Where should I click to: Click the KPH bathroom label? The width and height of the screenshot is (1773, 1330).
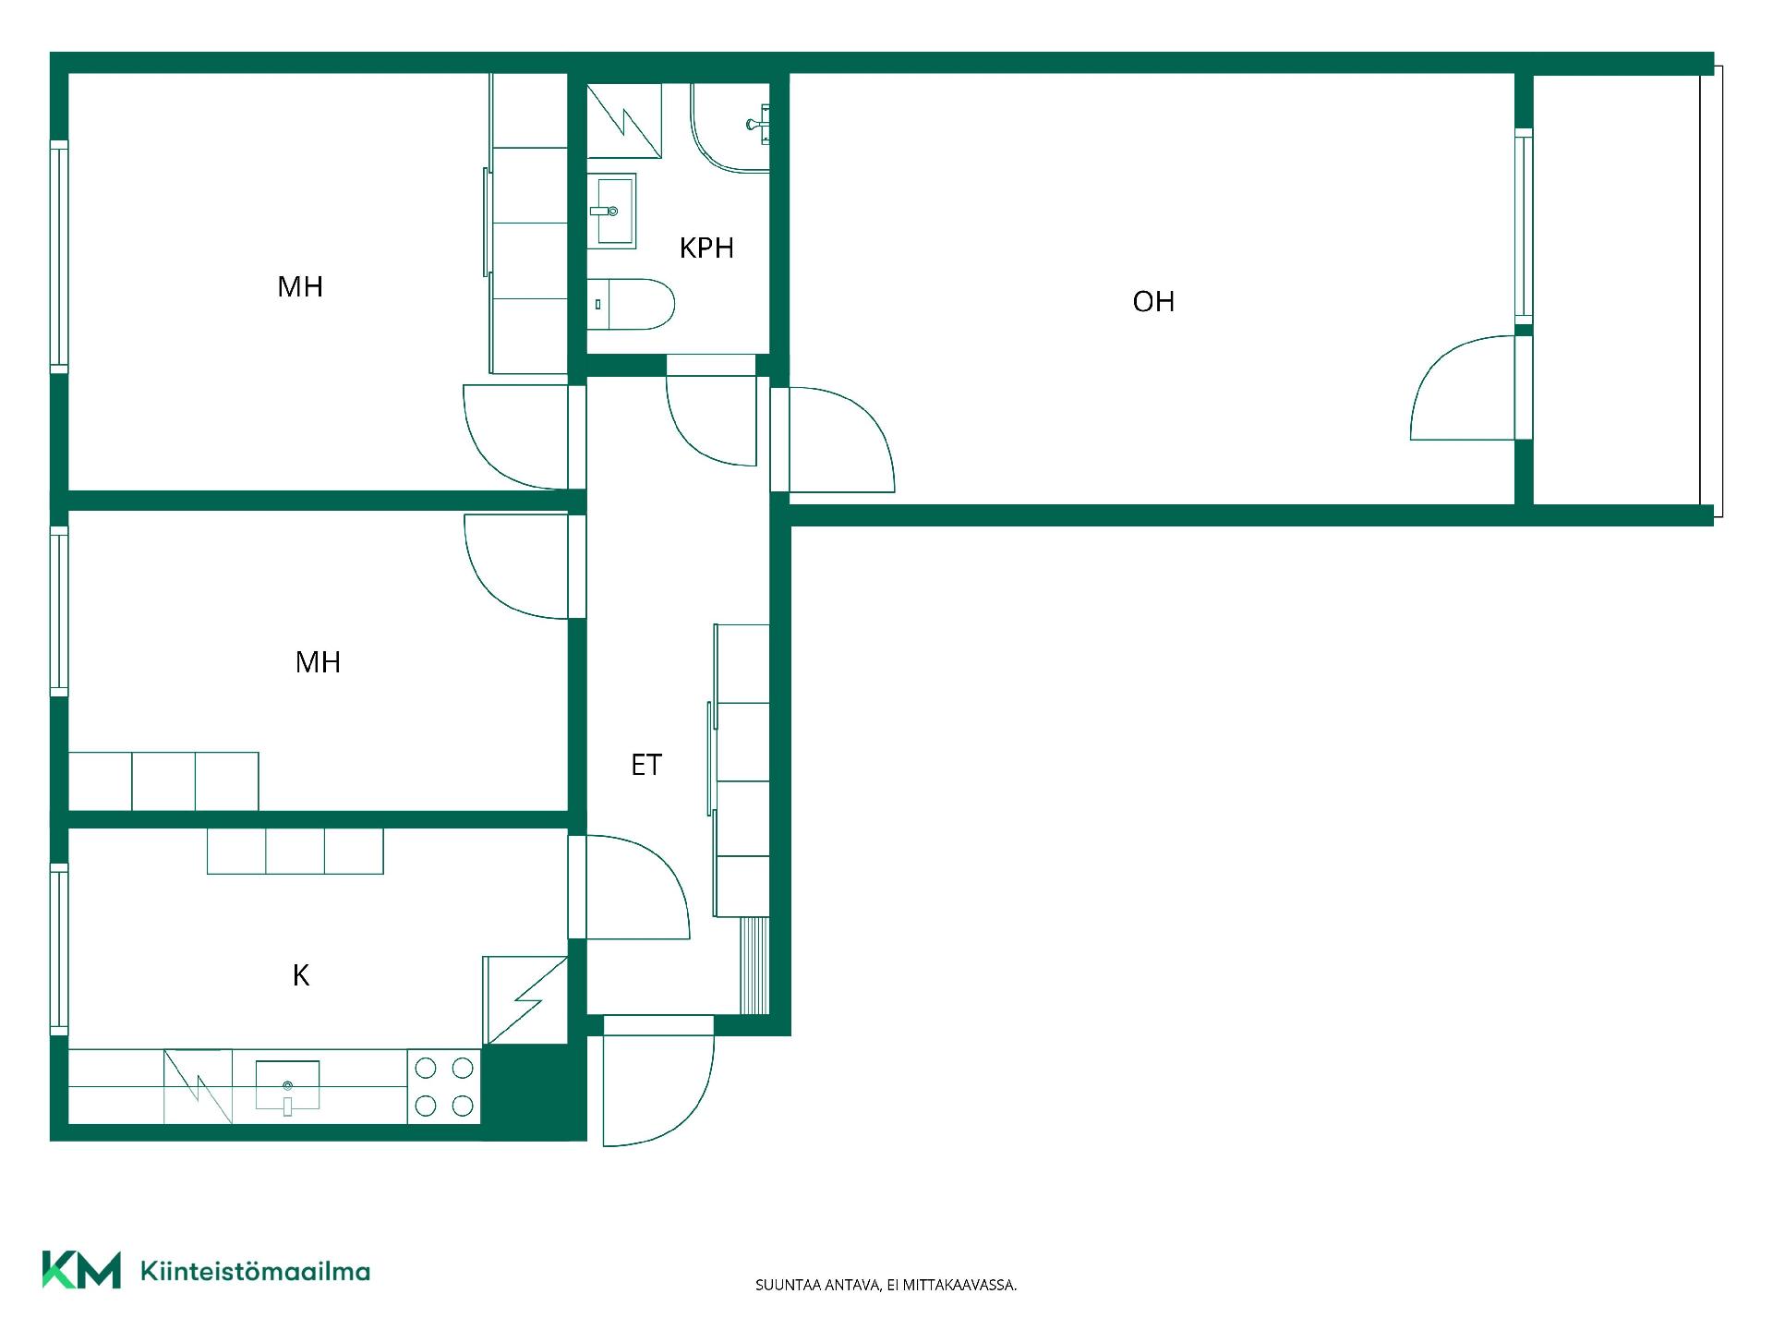pos(706,248)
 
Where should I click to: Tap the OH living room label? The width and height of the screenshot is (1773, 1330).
pos(1153,301)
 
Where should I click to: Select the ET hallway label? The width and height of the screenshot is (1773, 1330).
pos(646,765)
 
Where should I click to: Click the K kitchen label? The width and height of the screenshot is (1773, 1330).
pos(301,975)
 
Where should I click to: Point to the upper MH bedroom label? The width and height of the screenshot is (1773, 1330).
pos(300,286)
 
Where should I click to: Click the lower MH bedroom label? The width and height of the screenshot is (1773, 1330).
pos(318,662)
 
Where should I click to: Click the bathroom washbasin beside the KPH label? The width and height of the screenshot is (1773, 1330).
pos(611,211)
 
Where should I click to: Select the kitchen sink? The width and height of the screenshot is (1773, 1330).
pos(287,1087)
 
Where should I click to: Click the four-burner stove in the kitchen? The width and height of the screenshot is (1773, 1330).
pos(444,1087)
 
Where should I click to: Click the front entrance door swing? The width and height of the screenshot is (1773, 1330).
pos(658,1081)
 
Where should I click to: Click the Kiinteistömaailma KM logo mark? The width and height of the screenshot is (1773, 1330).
pos(81,1270)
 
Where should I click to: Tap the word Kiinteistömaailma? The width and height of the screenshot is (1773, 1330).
pos(256,1271)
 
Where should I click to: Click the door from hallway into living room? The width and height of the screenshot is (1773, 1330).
pos(840,440)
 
